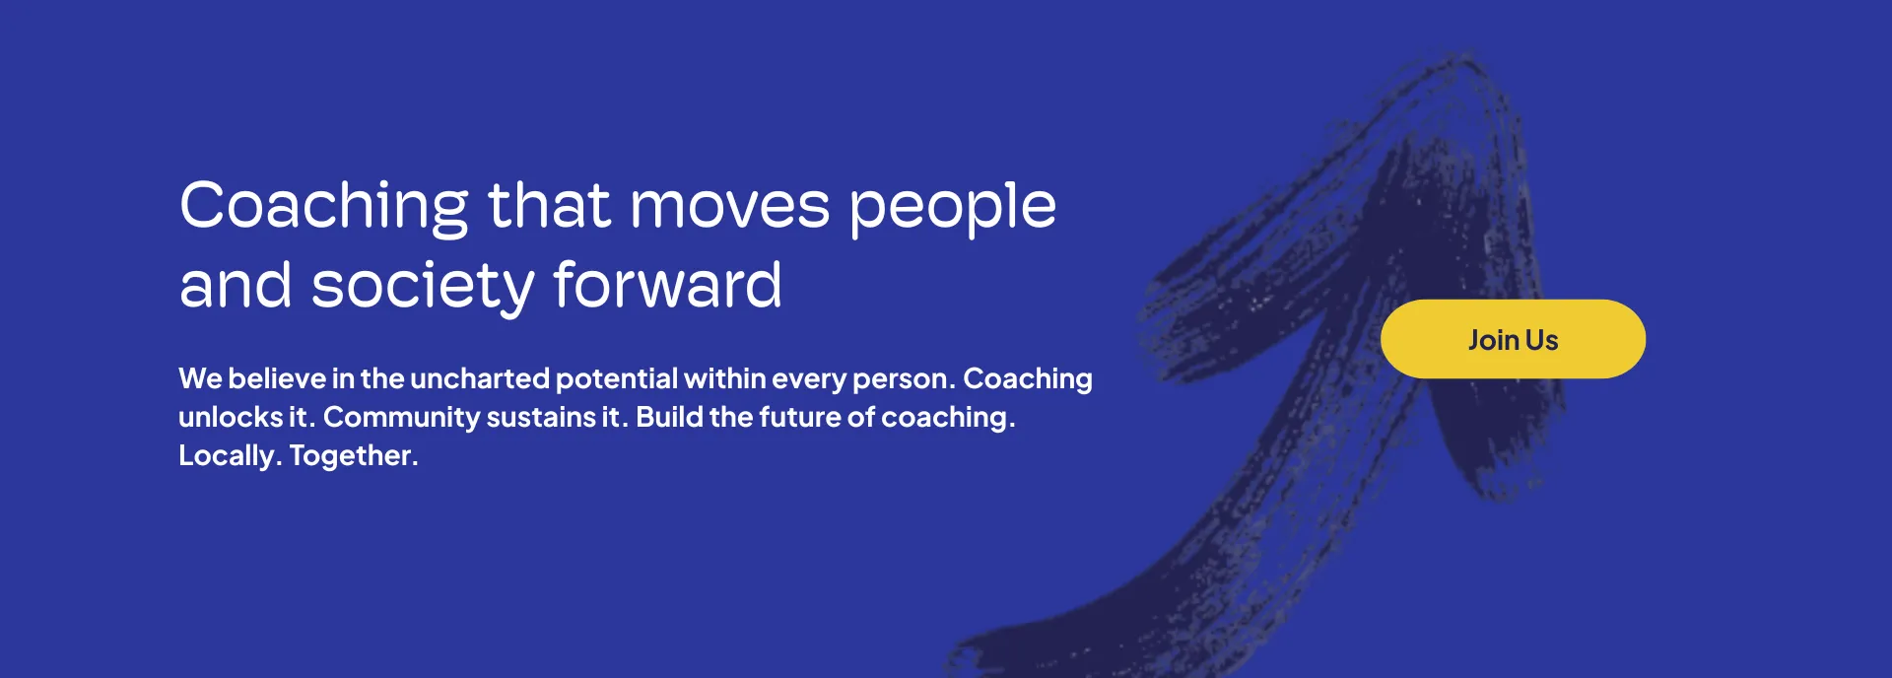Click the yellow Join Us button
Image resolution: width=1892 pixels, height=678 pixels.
pyautogui.click(x=1513, y=339)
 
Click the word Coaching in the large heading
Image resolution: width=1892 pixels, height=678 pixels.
pyautogui.click(x=324, y=208)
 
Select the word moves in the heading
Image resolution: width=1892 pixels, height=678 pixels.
pyautogui.click(x=729, y=207)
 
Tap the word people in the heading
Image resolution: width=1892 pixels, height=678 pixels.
pyautogui.click(x=952, y=208)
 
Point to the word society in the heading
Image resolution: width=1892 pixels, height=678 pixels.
pyautogui.click(x=423, y=287)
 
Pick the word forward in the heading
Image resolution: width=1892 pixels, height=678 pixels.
pyautogui.click(x=667, y=285)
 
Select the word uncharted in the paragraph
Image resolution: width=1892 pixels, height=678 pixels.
pyautogui.click(x=479, y=378)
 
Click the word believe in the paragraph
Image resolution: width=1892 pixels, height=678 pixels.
pyautogui.click(x=277, y=378)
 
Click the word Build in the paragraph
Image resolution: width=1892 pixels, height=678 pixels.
pyautogui.click(x=669, y=417)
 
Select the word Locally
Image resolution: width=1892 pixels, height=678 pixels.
pyautogui.click(x=230, y=456)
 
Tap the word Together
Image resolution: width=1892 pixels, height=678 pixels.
pyautogui.click(x=354, y=455)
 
